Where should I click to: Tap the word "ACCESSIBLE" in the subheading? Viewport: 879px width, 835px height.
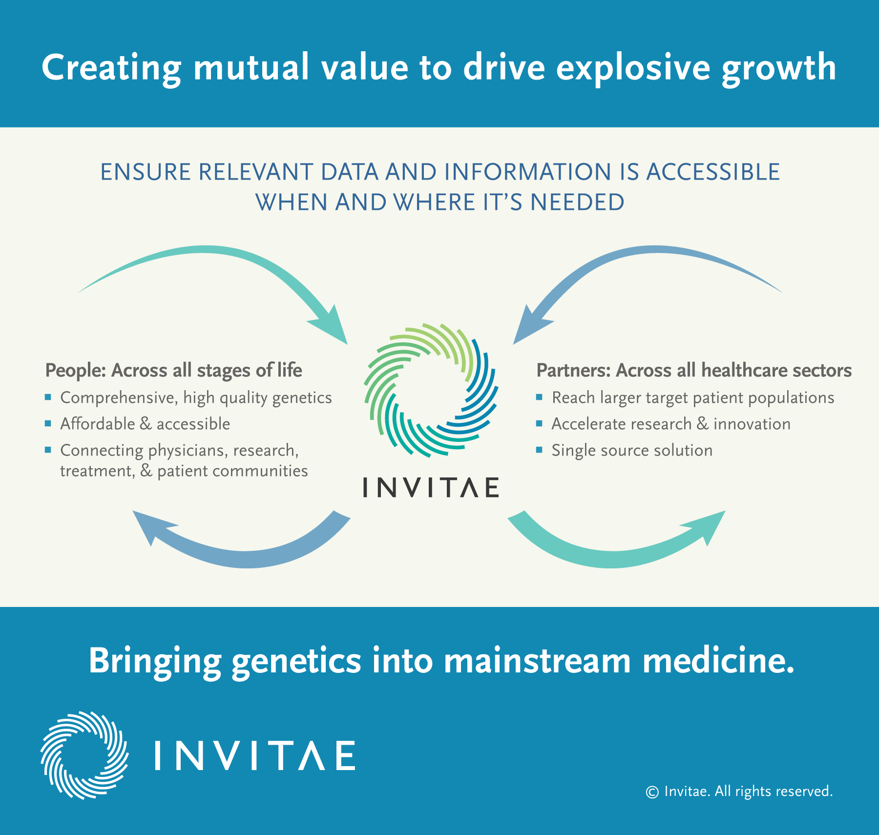click(x=713, y=172)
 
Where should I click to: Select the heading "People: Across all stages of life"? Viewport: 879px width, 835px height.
click(x=173, y=371)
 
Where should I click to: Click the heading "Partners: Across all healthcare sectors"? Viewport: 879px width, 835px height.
click(x=694, y=371)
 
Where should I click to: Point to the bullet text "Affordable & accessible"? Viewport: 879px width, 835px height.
click(x=145, y=424)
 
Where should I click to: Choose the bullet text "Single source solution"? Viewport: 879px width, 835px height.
click(x=632, y=450)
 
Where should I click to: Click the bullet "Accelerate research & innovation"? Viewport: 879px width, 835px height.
click(x=671, y=424)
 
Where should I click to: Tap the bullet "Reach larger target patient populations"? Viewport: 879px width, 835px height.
click(x=693, y=398)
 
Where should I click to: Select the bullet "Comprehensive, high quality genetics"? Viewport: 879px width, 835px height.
click(x=196, y=398)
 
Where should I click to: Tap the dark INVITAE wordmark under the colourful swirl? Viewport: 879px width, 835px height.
click(x=431, y=487)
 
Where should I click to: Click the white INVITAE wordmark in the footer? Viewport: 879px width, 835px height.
click(x=255, y=755)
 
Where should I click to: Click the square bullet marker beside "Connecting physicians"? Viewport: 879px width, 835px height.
click(x=48, y=450)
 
